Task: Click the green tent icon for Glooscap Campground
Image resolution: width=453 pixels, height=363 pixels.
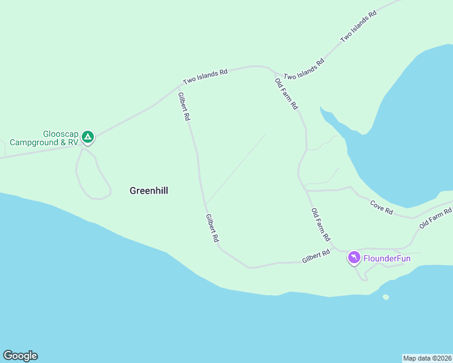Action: click(88, 137)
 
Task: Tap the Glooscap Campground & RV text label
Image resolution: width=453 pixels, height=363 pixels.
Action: click(44, 138)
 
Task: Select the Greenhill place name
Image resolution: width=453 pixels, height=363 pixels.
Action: click(148, 191)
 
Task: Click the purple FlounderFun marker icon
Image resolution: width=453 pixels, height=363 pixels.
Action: click(354, 258)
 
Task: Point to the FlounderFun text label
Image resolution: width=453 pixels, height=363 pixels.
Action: click(387, 259)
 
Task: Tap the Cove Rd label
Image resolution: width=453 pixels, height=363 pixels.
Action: click(382, 207)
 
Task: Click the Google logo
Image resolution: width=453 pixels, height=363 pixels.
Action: click(20, 356)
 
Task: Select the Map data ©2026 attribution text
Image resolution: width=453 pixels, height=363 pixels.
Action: click(427, 358)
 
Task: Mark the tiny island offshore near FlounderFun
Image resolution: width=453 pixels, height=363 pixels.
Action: click(386, 297)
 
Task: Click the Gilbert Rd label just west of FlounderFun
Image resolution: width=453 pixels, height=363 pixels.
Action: click(316, 257)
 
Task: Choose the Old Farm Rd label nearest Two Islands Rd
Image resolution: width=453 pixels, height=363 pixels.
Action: click(286, 94)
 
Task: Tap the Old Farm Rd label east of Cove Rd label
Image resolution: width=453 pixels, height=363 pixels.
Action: click(436, 218)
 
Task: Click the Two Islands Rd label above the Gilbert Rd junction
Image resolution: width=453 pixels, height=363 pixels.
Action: click(205, 76)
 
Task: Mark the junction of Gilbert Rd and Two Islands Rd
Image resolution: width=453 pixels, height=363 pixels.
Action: click(179, 86)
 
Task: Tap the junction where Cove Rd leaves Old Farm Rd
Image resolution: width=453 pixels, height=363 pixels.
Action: click(306, 190)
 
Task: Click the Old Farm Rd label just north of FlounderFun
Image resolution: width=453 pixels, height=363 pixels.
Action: click(320, 223)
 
